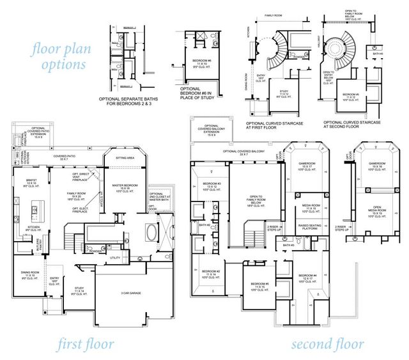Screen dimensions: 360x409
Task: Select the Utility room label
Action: (116, 258)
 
